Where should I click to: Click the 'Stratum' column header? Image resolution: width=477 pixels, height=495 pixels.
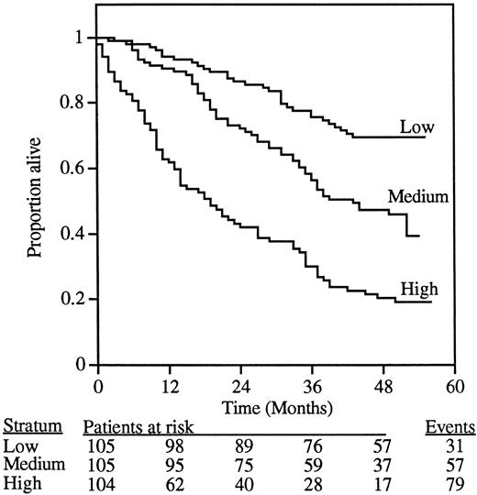click(28, 426)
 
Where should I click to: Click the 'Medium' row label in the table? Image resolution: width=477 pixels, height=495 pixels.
click(33, 463)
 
